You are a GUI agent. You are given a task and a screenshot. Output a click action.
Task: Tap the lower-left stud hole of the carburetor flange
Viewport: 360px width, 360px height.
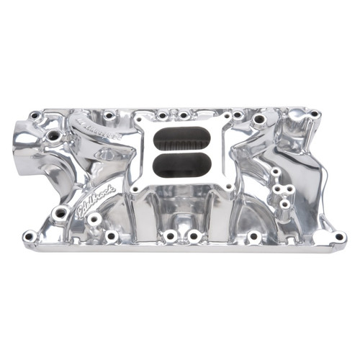[134, 190]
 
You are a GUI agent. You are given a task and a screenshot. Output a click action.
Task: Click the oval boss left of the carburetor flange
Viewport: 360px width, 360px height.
[112, 153]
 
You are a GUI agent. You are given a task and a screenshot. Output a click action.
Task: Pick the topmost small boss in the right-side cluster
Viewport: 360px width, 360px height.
[276, 172]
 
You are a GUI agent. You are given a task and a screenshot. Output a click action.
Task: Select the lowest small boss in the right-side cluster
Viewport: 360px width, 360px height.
[284, 204]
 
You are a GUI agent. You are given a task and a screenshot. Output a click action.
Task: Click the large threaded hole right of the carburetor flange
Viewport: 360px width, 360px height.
[258, 120]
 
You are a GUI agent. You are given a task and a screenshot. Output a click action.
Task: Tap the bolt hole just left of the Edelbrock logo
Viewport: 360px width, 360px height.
[62, 212]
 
